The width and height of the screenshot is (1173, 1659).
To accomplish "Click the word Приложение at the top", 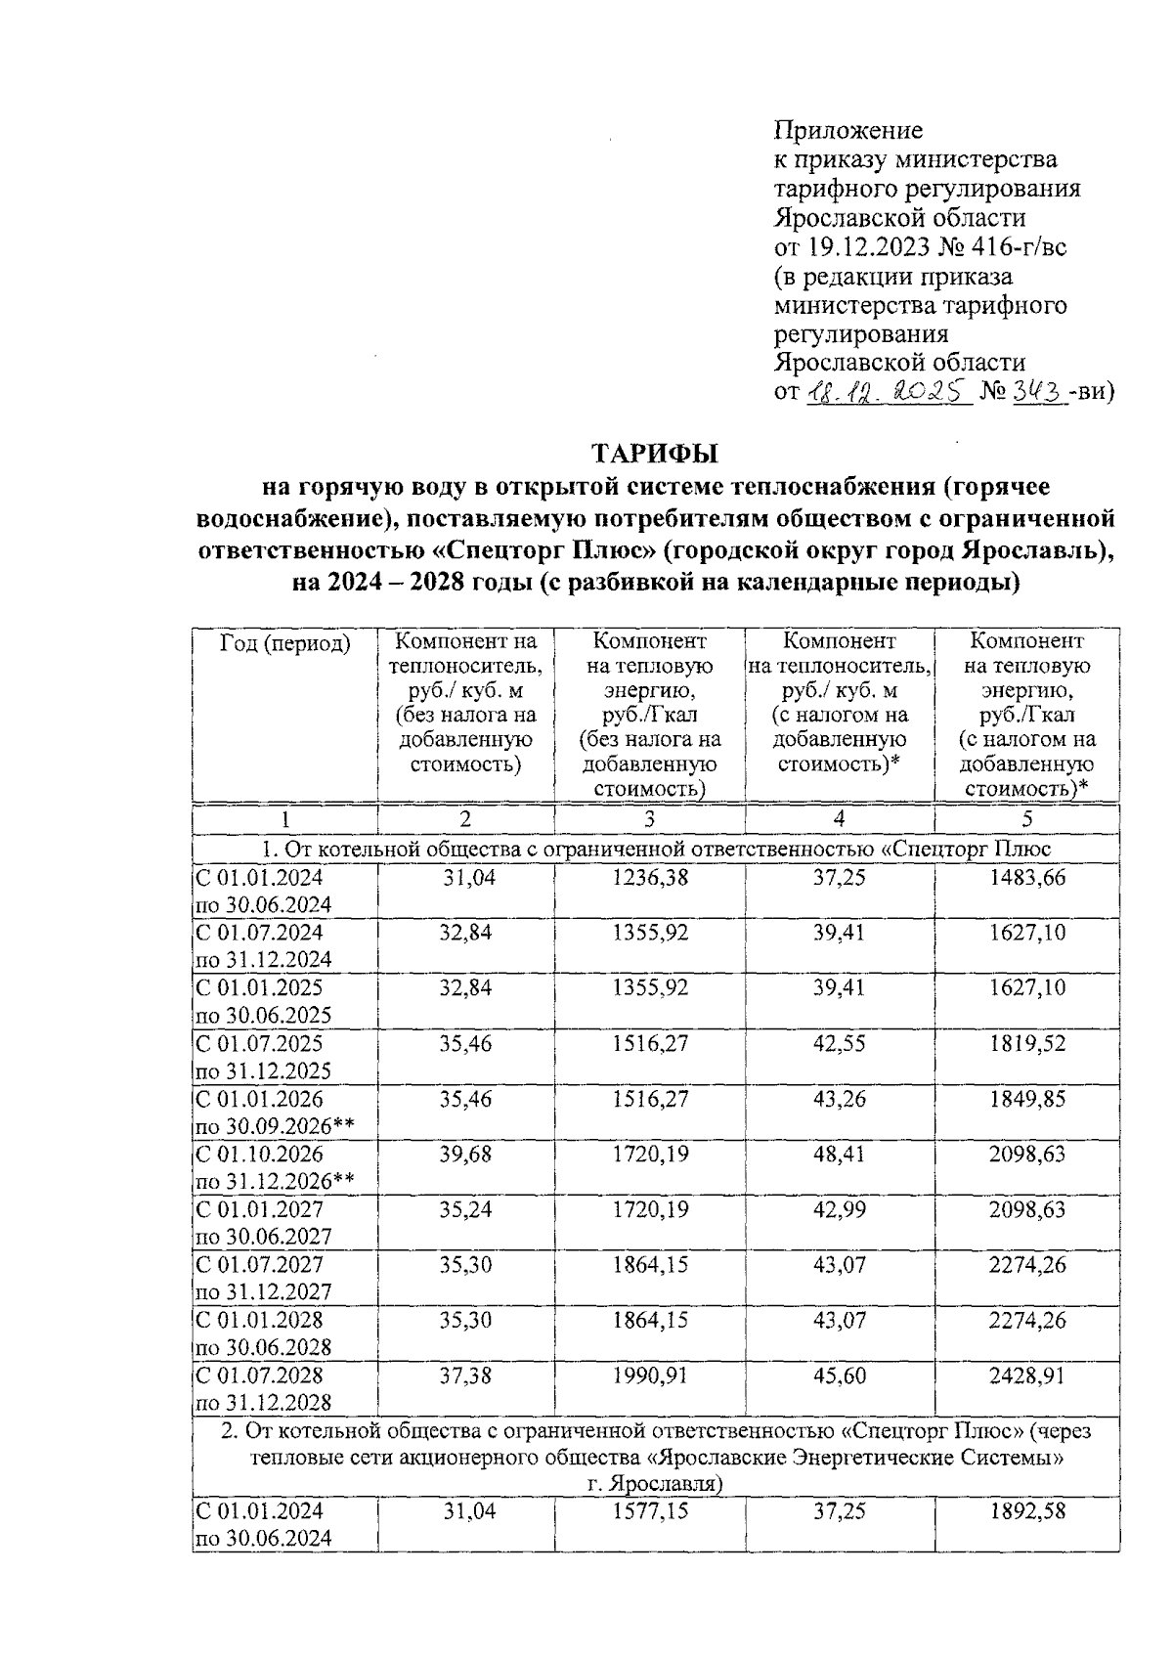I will [x=847, y=130].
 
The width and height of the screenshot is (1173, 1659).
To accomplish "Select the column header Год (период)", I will [x=284, y=643].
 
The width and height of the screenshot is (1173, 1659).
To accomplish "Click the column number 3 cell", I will [x=649, y=819].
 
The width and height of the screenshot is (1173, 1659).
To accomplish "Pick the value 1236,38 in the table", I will [x=649, y=878].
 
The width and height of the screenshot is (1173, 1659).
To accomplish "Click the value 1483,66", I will [x=1026, y=878].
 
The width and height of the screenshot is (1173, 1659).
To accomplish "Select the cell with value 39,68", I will [x=465, y=1155].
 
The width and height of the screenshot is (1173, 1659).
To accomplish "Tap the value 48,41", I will [x=839, y=1155].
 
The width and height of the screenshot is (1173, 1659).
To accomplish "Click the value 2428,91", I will [x=1026, y=1376].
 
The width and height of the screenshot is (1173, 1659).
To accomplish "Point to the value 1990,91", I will [x=649, y=1376].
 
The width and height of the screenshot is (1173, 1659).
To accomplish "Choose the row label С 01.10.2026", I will [x=260, y=1155].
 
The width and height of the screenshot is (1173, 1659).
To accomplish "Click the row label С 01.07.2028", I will [x=260, y=1376].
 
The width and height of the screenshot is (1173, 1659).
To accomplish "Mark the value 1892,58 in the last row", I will [x=1026, y=1511].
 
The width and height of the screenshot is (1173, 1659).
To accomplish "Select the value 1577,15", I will [x=649, y=1511].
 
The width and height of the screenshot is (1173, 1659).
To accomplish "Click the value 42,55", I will [x=839, y=1044].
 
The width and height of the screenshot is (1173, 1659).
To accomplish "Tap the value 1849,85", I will [x=1026, y=1100].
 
